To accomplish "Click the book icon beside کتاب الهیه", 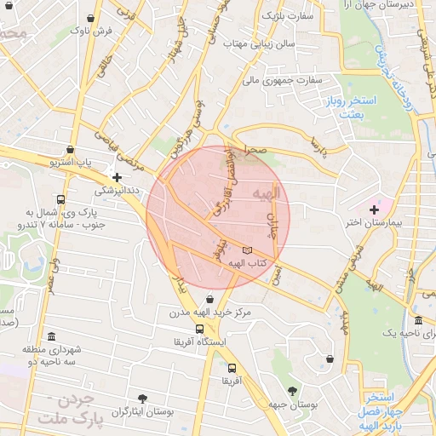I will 248,250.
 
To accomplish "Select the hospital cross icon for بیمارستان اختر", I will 374,209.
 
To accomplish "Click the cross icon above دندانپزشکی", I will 117,177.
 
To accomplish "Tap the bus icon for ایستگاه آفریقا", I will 199,329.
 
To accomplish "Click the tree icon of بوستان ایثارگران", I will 142,398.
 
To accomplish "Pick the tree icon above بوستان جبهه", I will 293,392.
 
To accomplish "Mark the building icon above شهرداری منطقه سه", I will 53,336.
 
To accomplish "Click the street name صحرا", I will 255,149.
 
